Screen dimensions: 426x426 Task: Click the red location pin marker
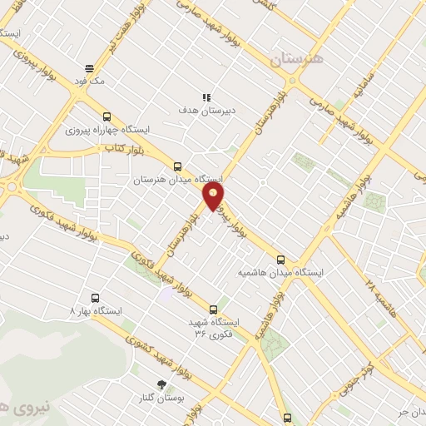214,196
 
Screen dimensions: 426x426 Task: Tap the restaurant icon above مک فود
89,68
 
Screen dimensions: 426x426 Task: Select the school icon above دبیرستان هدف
207,97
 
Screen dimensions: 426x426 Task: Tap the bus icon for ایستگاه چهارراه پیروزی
106,117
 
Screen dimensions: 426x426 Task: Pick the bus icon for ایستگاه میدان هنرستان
176,166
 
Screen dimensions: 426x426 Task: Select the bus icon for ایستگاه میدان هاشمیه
280,259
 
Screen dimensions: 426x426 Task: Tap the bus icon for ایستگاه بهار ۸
95,297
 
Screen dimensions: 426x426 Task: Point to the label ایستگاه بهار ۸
97,310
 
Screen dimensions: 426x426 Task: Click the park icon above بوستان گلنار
162,384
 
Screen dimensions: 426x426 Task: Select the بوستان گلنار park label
162,399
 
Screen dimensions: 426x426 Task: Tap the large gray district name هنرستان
295,61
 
